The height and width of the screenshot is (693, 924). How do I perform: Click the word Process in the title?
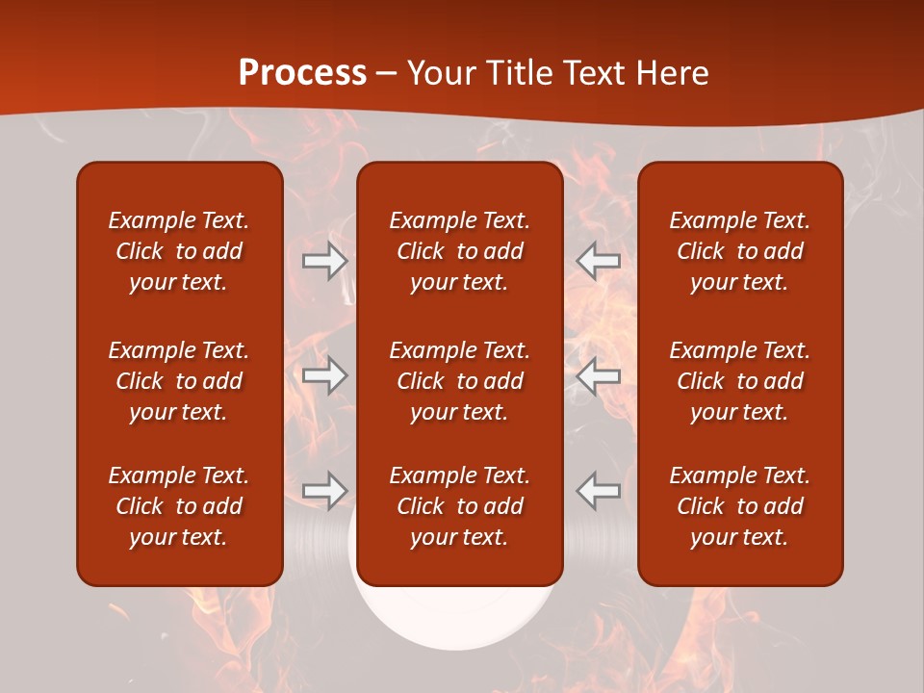point(302,73)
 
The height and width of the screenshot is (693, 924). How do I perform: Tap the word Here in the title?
point(671,73)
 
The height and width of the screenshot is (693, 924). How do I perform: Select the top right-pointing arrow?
point(325,261)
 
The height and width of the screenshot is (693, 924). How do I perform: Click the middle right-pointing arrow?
point(325,375)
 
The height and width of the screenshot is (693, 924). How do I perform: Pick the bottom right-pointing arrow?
point(325,491)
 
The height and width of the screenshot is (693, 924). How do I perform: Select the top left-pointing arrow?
point(598,261)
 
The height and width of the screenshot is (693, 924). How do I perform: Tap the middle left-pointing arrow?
point(598,375)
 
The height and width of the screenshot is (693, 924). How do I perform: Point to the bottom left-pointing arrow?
point(598,491)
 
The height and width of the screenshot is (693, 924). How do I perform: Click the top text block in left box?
point(179,251)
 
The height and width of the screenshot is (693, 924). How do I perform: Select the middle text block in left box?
point(179,381)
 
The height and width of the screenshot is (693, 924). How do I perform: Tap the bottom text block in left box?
point(179,506)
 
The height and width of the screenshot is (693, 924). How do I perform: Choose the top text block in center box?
point(459,251)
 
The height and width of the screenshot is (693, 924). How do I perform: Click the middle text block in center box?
point(459,381)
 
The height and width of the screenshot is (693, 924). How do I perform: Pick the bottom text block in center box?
point(459,506)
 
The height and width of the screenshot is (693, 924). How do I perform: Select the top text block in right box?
point(739,251)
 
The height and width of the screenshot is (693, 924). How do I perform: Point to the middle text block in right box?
point(739,381)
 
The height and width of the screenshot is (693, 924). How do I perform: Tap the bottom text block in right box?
point(739,506)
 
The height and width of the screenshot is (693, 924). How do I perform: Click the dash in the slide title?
point(387,74)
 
